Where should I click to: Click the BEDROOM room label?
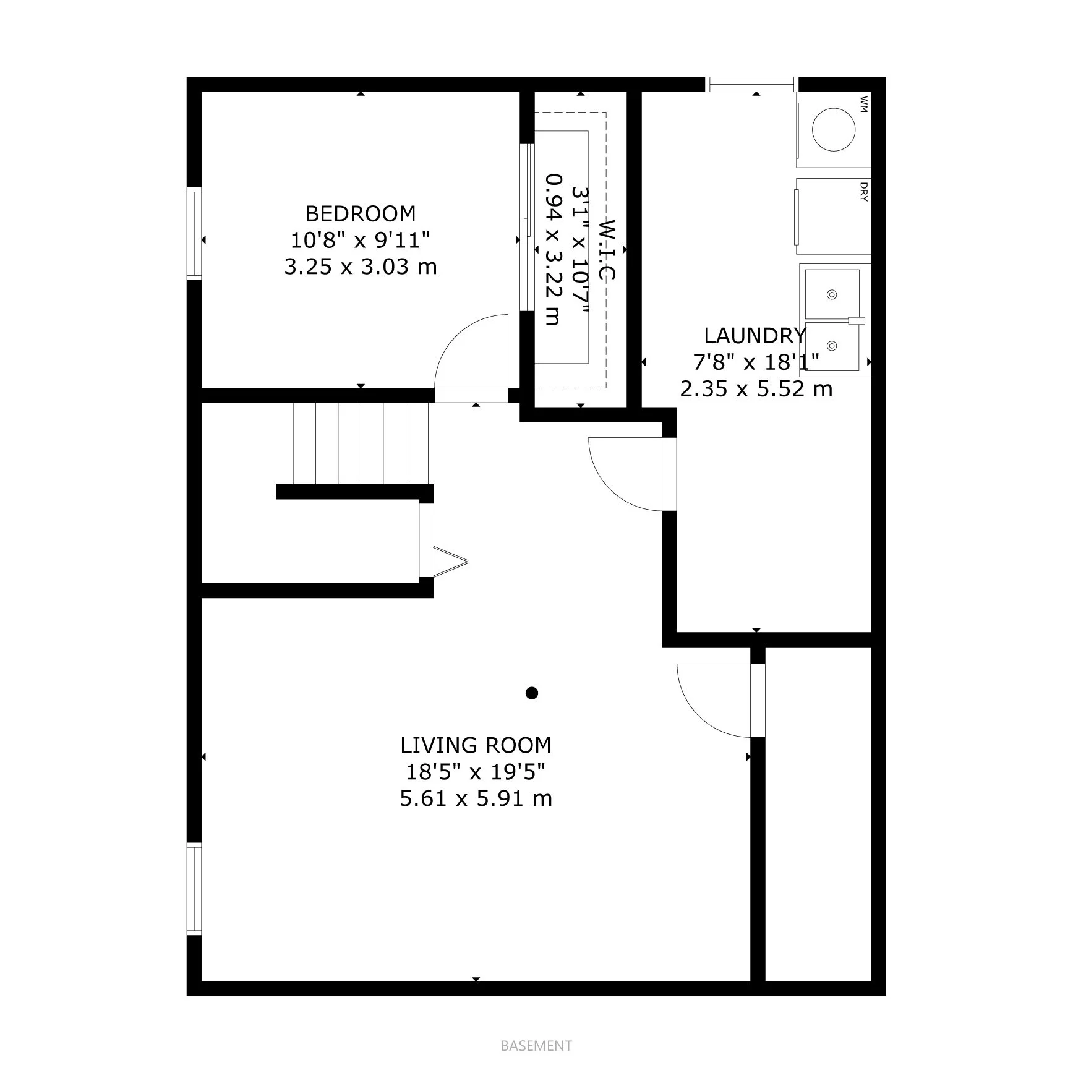click(361, 213)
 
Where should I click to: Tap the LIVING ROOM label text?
click(476, 745)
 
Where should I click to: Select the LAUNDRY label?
click(755, 336)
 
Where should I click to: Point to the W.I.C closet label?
click(608, 250)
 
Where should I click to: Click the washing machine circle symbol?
click(833, 129)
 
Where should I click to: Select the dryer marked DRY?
click(833, 216)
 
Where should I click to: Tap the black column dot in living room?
click(531, 693)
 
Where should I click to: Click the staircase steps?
click(361, 443)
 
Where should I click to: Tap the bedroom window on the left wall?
click(194, 234)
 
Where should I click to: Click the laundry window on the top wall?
click(751, 84)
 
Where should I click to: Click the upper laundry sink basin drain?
click(832, 294)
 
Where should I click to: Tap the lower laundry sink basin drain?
click(832, 346)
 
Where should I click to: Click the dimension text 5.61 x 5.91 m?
click(476, 798)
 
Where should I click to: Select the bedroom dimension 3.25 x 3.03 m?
click(361, 267)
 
